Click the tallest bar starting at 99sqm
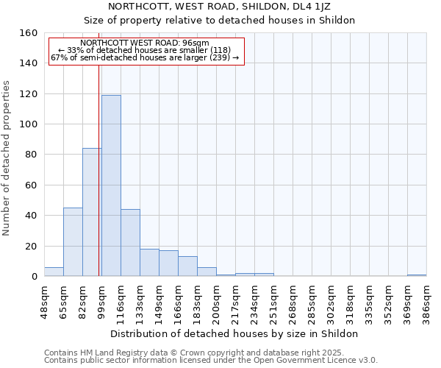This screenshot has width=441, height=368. click(x=111, y=185)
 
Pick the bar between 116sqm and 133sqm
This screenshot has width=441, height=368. click(x=130, y=243)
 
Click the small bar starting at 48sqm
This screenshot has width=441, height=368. click(x=54, y=272)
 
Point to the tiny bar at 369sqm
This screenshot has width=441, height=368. click(x=417, y=275)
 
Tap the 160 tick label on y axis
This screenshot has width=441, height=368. click(x=29, y=33)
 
